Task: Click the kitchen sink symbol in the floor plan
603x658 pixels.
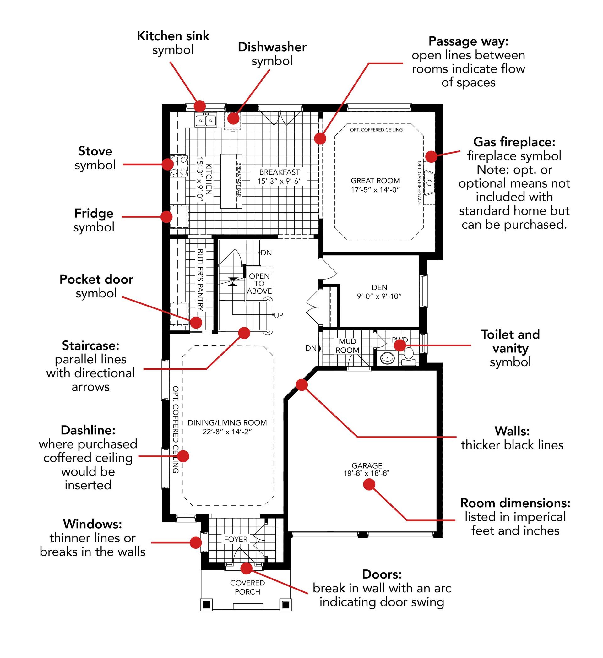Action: (x=206, y=120)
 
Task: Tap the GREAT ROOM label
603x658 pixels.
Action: (x=375, y=181)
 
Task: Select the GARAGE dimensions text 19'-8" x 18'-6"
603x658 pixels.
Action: (x=367, y=473)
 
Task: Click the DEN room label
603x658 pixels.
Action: (x=379, y=287)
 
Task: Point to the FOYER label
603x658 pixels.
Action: (x=236, y=539)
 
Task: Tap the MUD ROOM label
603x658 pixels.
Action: (x=347, y=345)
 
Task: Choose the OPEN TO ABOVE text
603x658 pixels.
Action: (x=259, y=283)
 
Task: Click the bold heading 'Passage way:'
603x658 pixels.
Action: (x=468, y=41)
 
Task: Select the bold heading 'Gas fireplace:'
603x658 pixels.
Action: (x=514, y=142)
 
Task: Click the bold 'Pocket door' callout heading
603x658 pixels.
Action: (x=96, y=280)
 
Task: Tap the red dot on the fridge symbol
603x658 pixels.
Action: (x=166, y=217)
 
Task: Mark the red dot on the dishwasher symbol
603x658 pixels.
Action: (x=233, y=118)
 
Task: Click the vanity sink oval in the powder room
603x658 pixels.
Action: (x=388, y=358)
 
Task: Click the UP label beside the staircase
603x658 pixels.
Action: (x=279, y=315)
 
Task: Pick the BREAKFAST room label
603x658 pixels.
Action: (x=279, y=172)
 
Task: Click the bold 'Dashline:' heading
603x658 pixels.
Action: (x=88, y=430)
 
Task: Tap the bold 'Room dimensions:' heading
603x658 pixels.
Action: (x=515, y=503)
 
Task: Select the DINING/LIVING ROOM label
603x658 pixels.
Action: (x=227, y=423)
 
